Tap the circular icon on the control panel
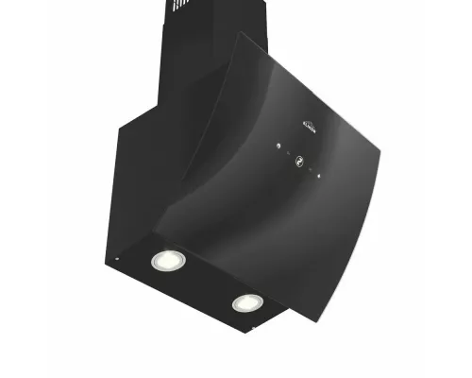pyautogui.click(x=301, y=161)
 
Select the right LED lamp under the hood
pyautogui.click(x=247, y=302)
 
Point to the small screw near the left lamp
pyautogui.click(x=115, y=258)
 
